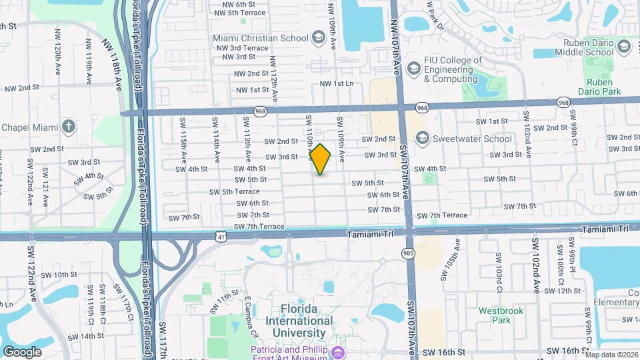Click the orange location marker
321,159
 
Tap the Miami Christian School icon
318,38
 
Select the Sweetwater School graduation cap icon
421,139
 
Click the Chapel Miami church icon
69,127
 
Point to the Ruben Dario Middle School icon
623,46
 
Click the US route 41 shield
221,236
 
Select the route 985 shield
407,253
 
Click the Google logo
22,351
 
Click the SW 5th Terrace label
234,191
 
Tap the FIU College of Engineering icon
414,68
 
